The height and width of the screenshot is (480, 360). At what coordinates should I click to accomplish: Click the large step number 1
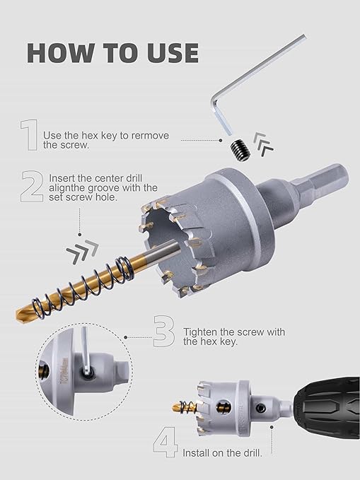[x=28, y=135]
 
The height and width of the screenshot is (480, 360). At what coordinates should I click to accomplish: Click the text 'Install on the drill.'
[x=222, y=452]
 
